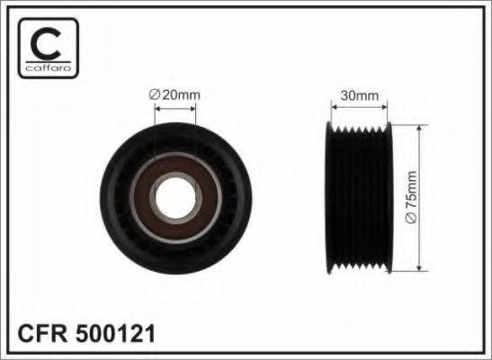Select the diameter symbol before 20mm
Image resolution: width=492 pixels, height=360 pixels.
[153, 93]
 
